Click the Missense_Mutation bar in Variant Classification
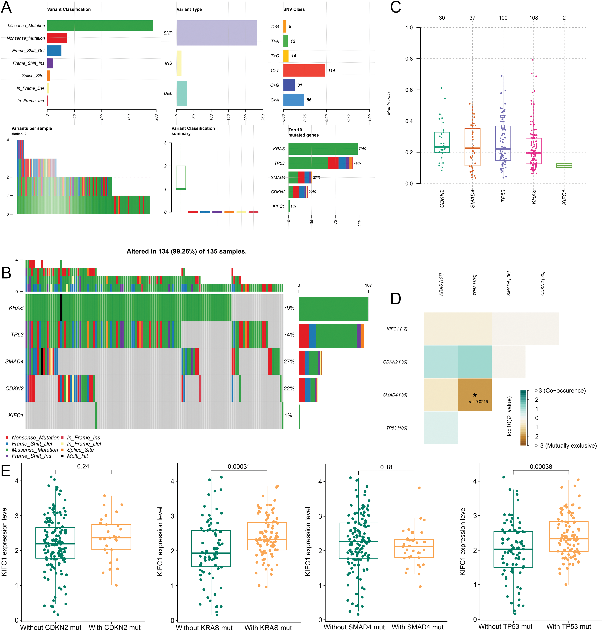(100, 26)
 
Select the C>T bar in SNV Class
(304, 70)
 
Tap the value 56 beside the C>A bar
(309, 100)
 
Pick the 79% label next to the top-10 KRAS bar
(362, 149)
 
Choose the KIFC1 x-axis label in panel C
(564, 197)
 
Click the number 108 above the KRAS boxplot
(534, 18)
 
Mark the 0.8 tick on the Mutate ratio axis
(409, 59)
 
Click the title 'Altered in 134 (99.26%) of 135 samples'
(186, 251)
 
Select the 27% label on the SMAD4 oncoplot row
(289, 362)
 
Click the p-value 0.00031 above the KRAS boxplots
(239, 466)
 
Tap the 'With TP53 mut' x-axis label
(569, 627)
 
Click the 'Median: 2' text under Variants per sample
(19, 134)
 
